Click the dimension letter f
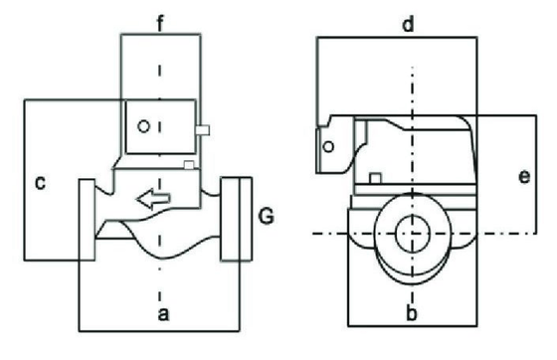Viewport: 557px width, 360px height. pos(160,24)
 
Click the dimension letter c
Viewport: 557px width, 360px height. pos(41,182)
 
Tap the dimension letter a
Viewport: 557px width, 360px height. pos(163,314)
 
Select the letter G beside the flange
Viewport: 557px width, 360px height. pos(267,216)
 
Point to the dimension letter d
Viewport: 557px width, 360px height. pos(408,25)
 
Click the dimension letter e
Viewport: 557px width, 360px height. pos(524,176)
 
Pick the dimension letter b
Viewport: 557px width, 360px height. pos(412,313)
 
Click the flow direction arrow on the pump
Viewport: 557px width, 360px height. pos(153,198)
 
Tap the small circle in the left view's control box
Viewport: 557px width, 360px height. pos(143,126)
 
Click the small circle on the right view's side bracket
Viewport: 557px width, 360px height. pos(328,146)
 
